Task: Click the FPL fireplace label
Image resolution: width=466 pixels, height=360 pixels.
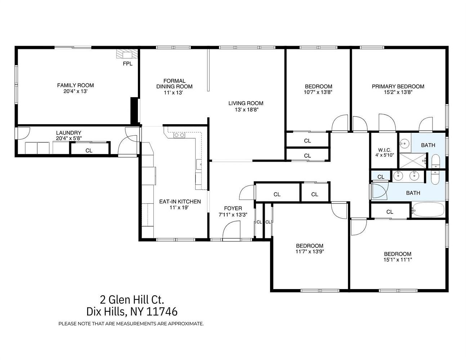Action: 127,64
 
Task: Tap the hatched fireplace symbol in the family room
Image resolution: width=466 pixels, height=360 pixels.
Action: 127,54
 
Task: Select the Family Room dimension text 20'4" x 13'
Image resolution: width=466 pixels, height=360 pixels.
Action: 76,91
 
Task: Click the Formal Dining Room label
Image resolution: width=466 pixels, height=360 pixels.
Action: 174,84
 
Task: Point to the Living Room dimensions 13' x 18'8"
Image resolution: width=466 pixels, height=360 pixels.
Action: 247,110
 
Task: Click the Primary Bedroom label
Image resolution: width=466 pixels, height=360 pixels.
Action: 398,86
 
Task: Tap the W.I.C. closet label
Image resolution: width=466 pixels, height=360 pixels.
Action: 385,150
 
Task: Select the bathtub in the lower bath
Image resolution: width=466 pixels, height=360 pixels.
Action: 428,210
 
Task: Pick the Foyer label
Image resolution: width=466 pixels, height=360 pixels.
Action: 233,208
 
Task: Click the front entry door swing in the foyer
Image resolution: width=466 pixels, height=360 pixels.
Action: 232,230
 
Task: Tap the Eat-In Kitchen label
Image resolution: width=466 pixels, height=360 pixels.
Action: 180,202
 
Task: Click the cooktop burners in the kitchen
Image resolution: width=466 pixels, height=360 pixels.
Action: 179,135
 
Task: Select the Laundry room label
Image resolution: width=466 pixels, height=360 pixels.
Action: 69,133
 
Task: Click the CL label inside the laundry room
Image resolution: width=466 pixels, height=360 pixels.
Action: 89,150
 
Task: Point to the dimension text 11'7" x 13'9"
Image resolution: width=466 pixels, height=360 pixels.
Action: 310,251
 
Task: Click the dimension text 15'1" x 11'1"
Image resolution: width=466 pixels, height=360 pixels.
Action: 398,260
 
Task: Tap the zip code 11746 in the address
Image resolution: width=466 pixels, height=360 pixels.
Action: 162,312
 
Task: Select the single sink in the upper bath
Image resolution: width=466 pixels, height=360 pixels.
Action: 405,142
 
